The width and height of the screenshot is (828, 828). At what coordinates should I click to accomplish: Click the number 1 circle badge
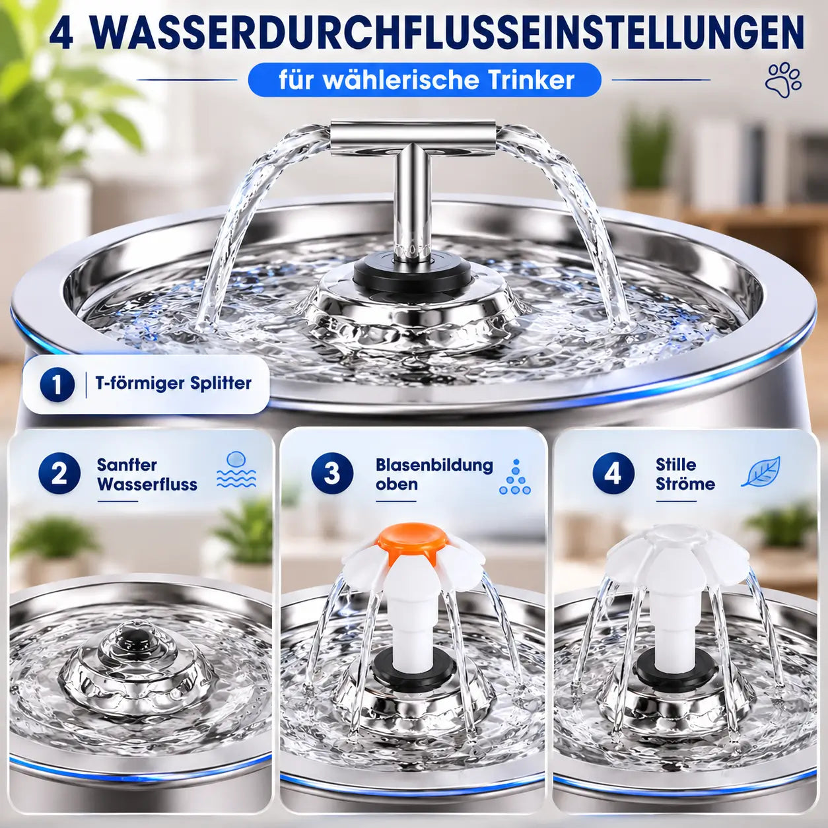(57, 384)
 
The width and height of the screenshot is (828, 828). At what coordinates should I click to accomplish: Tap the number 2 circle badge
(59, 474)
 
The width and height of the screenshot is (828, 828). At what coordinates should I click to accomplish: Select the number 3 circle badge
(332, 474)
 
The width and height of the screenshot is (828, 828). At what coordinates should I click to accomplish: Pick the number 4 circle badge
(613, 474)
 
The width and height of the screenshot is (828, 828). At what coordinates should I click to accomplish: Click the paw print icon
(783, 82)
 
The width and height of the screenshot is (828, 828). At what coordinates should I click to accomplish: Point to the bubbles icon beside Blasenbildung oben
(515, 477)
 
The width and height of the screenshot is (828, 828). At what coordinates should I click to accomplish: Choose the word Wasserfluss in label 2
(147, 484)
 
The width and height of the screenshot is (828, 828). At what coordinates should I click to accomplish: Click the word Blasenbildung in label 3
(434, 465)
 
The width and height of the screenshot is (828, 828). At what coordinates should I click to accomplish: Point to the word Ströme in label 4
(685, 484)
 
